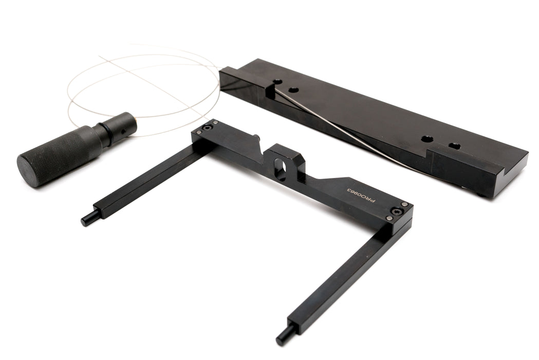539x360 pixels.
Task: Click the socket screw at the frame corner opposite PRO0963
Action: [x=207, y=129]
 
